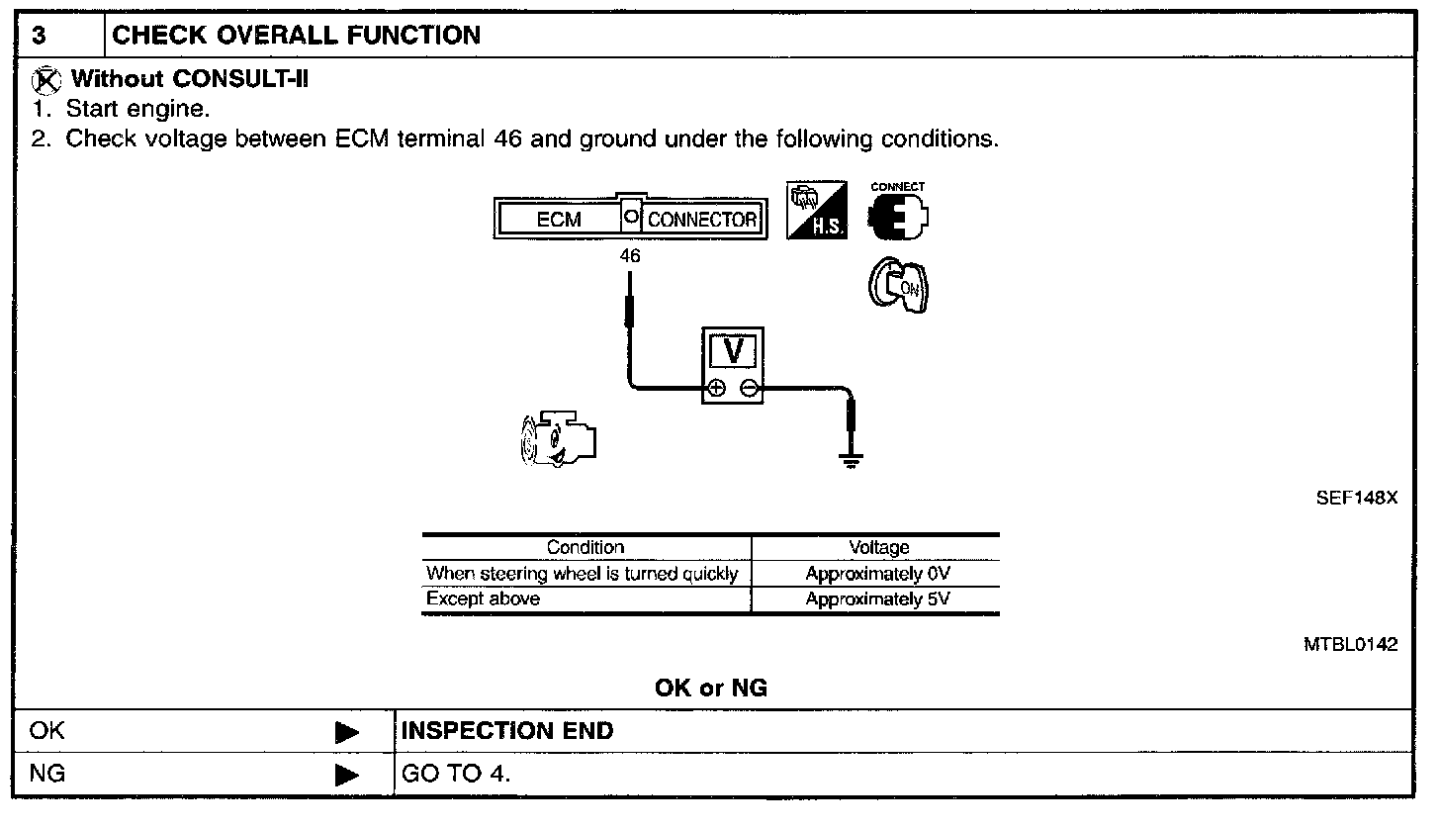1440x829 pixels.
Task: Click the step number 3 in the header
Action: [x=39, y=37]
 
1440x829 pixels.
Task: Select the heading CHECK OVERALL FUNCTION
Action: [x=297, y=37]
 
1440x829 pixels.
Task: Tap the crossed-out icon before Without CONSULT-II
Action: [x=47, y=79]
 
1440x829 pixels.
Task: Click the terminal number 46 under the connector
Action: [x=630, y=256]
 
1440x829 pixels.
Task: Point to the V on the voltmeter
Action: [x=733, y=351]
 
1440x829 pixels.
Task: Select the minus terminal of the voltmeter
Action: [x=749, y=388]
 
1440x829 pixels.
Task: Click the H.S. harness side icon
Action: [x=817, y=211]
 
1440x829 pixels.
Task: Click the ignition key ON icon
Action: [x=898, y=287]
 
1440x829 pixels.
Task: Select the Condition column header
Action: [x=585, y=547]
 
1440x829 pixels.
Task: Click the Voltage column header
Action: [x=878, y=547]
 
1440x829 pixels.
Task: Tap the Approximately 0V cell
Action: [x=878, y=574]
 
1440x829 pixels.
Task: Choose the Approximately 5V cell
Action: [x=878, y=599]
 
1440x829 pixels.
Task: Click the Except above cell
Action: [x=484, y=599]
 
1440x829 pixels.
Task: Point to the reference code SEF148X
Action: [x=1356, y=499]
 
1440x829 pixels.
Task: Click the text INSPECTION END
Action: [x=506, y=732]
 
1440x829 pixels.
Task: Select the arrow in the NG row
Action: [x=347, y=775]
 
